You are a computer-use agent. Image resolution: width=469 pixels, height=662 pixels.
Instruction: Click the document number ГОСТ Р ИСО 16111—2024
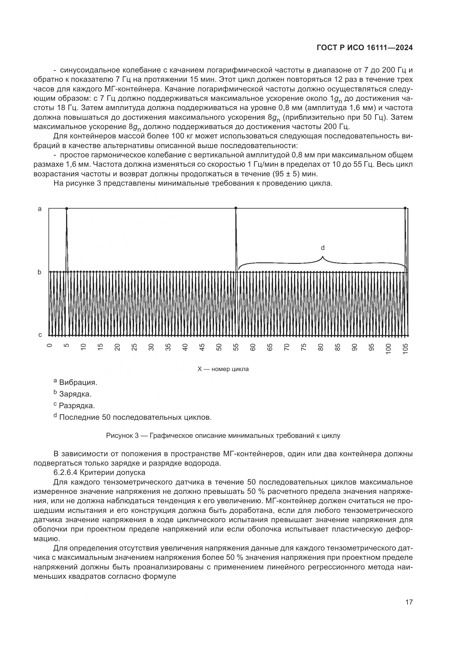(x=364, y=48)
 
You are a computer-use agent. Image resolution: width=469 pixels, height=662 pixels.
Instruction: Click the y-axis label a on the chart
(x=40, y=209)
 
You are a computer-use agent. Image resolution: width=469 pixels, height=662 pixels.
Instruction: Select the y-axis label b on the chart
(x=40, y=272)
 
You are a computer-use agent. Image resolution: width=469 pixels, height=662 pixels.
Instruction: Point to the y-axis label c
(x=40, y=335)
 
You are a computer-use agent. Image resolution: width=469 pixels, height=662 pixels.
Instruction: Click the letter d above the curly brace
(x=323, y=248)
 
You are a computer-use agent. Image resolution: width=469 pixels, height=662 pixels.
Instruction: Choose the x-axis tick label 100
(x=388, y=349)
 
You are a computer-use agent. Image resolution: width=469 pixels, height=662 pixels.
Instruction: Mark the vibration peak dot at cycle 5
(x=67, y=208)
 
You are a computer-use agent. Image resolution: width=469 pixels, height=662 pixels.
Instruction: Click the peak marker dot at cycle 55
(x=236, y=208)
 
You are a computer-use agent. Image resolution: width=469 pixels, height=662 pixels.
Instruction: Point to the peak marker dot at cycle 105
(x=405, y=208)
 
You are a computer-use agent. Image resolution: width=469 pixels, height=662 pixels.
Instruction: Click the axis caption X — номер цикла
(x=223, y=369)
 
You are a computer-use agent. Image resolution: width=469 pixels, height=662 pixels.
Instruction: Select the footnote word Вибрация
(x=78, y=383)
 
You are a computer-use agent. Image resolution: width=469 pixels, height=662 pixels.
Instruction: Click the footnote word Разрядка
(x=77, y=406)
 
